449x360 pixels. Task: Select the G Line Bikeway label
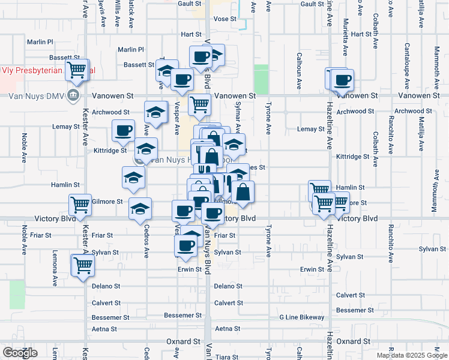(x=302, y=317)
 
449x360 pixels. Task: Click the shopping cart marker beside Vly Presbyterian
(x=77, y=70)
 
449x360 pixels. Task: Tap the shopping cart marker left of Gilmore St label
(x=80, y=205)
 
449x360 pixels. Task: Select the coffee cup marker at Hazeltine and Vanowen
(x=343, y=80)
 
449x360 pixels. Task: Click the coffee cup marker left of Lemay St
(x=124, y=130)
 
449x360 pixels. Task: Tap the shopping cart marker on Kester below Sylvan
(x=82, y=265)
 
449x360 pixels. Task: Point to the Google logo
(x=20, y=353)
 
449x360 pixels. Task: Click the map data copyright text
(x=411, y=355)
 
